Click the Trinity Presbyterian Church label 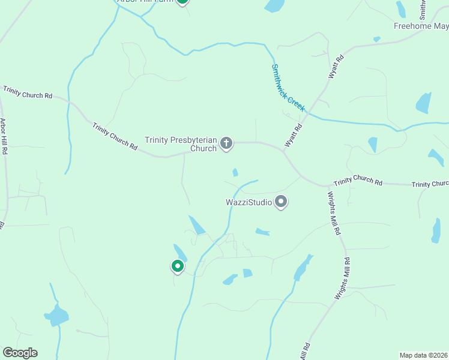181,144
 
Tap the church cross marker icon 226,143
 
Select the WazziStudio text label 249,202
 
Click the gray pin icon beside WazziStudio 281,202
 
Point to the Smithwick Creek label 288,88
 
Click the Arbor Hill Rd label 4,137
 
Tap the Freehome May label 421,26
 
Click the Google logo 20,353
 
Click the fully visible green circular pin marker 177,265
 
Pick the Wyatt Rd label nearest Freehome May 335,67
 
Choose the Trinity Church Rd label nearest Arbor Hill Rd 28,92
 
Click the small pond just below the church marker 235,173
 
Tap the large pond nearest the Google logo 57,315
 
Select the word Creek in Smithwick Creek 296,102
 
